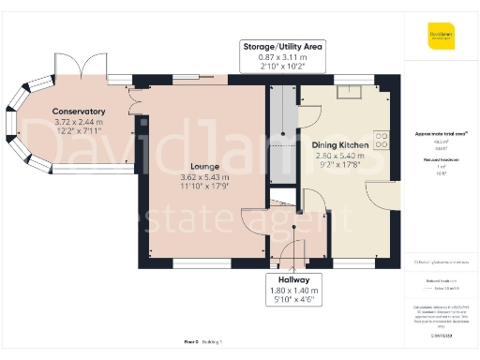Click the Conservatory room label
click(79, 112)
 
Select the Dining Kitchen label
click(336, 144)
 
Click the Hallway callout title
click(288, 280)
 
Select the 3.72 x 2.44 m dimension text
click(79, 122)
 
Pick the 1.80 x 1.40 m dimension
click(288, 291)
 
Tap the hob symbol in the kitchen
click(382, 140)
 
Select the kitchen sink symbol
click(348, 90)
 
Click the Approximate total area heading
click(441, 134)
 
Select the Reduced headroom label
click(441, 160)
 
